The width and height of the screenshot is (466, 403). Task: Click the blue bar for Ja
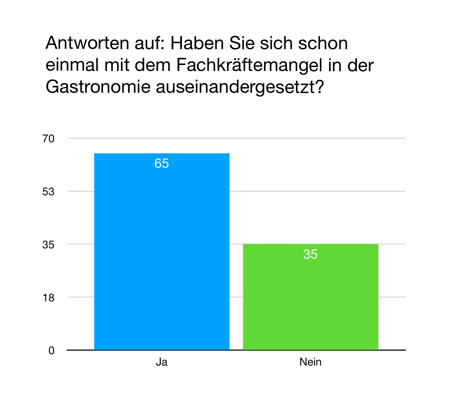[162, 257]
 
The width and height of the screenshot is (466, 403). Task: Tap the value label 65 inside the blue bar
[162, 164]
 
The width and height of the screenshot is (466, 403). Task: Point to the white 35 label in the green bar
[310, 254]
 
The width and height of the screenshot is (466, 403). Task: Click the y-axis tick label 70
[48, 139]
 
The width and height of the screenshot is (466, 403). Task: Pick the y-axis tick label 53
[48, 192]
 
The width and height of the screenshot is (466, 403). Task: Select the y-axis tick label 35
[48, 245]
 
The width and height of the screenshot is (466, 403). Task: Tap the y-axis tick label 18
[48, 298]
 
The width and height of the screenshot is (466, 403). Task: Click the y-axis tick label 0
[51, 351]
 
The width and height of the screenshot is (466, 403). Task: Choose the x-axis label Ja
[162, 362]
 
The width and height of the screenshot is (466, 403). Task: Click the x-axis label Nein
[310, 362]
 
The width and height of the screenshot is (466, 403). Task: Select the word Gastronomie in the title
[98, 87]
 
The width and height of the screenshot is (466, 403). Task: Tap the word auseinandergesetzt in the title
[235, 87]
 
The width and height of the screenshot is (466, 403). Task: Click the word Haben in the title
[197, 43]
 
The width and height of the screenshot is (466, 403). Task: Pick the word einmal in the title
[72, 65]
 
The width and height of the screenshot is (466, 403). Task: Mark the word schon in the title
[323, 43]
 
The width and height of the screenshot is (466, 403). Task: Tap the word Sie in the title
[242, 43]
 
